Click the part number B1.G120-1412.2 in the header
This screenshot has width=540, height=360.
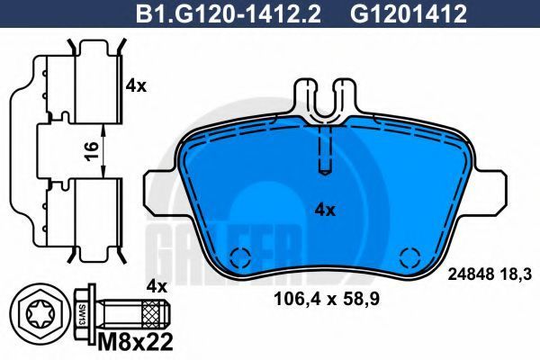(x=228, y=14)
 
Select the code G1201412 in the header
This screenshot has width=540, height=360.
(x=409, y=14)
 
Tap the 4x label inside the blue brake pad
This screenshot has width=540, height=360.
(x=325, y=210)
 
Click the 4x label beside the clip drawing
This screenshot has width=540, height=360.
(x=136, y=85)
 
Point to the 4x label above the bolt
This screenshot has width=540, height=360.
(x=157, y=286)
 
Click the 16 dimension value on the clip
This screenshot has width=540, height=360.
(x=92, y=151)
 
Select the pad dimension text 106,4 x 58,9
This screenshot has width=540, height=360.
(x=326, y=299)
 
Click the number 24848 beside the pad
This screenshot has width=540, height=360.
(x=471, y=274)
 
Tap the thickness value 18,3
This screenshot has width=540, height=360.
(x=517, y=274)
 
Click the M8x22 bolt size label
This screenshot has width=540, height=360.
(x=135, y=342)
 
